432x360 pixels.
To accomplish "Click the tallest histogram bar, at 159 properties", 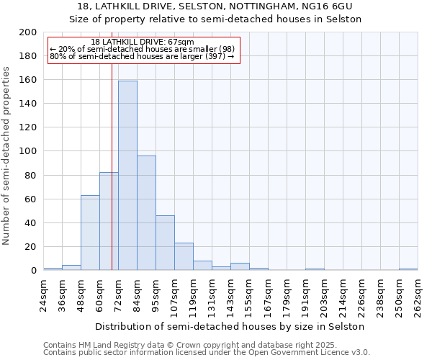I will click(x=127, y=176).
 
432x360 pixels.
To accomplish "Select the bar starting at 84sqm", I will click(x=146, y=213).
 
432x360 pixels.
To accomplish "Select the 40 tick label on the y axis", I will click(x=31, y=223).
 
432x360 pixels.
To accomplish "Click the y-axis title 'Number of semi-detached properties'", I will click(x=7, y=156).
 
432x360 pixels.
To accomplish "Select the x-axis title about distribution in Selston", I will click(x=230, y=326).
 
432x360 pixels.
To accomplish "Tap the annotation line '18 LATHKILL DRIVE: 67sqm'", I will click(x=143, y=42).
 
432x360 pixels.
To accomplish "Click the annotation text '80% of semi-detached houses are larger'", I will click(x=142, y=56).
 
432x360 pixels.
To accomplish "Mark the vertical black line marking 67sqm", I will click(x=112, y=166).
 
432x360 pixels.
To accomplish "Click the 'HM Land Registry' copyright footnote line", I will click(x=170, y=345).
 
